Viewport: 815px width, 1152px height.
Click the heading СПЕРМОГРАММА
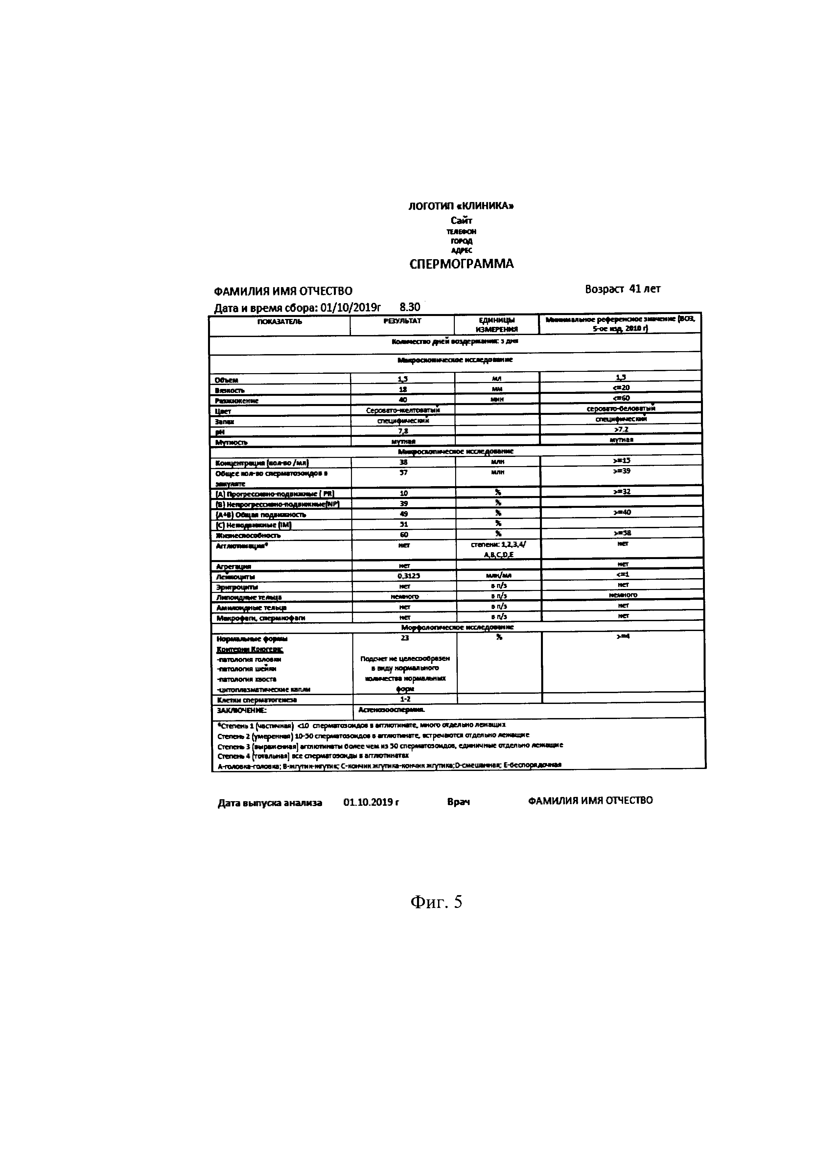tap(461, 264)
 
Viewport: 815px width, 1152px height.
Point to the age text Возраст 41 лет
tap(622, 289)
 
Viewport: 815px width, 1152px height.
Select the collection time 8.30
tap(409, 306)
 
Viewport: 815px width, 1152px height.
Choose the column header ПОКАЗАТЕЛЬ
tap(280, 322)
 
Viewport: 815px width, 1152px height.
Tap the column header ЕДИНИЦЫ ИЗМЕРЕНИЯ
tap(496, 325)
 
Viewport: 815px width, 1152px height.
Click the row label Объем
tap(226, 380)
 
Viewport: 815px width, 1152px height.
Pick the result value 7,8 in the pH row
tap(403, 431)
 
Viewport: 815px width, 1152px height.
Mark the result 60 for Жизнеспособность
tap(404, 535)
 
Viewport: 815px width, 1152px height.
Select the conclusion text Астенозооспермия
tap(391, 710)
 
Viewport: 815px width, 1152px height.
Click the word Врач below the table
tap(458, 802)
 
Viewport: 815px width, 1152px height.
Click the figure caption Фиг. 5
tap(436, 902)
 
